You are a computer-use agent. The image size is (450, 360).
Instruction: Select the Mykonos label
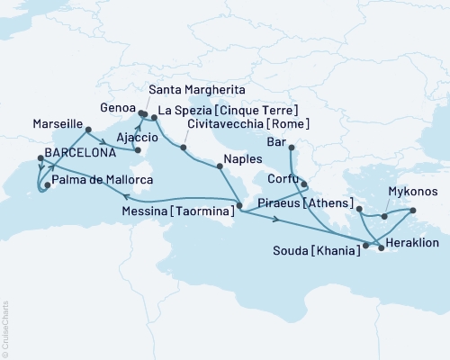[413, 193]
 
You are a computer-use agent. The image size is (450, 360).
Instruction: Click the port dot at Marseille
[87, 130]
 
